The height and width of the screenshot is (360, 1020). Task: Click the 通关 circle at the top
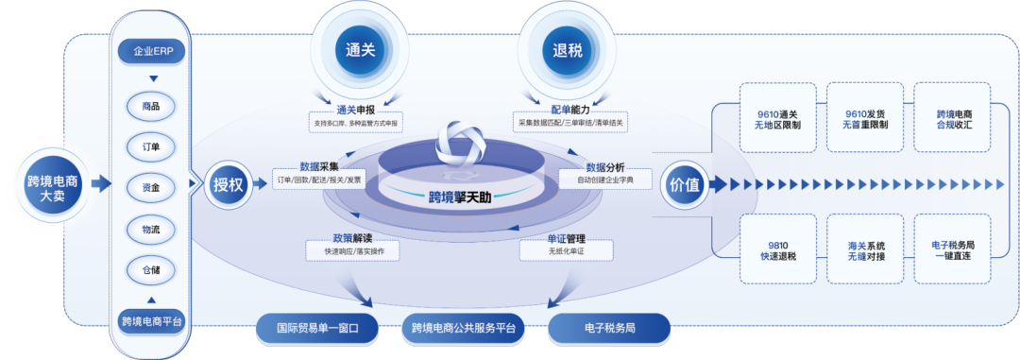362,50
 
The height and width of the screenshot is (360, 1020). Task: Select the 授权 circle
229,184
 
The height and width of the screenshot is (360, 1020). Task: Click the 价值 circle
685,184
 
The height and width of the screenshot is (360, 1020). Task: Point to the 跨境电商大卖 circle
53,182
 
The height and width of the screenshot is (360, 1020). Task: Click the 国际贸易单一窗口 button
317,329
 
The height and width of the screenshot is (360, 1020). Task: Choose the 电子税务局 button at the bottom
609,329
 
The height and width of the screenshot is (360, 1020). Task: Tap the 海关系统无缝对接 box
864,249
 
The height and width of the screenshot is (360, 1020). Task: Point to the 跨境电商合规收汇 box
953,118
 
